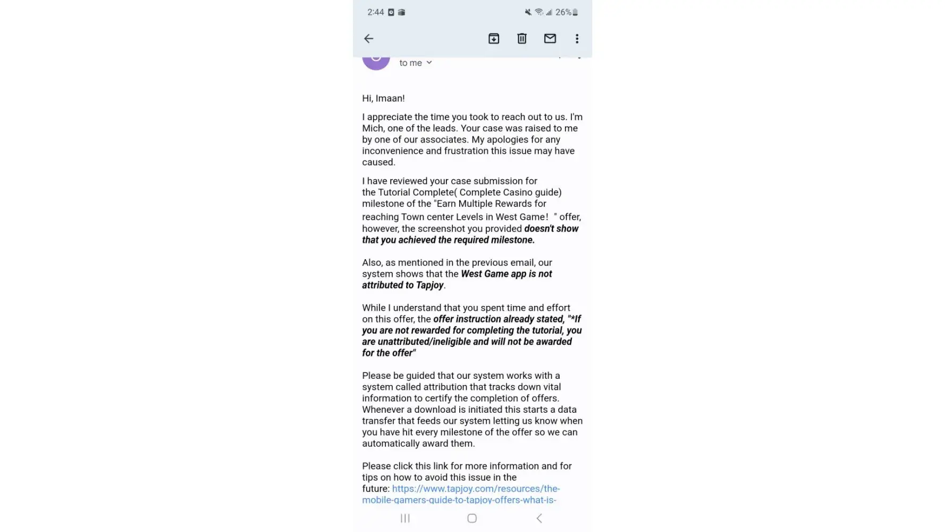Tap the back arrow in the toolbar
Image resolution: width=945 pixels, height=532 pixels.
pos(368,38)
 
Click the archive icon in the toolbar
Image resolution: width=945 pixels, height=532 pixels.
pos(494,38)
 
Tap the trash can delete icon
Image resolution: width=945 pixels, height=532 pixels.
pos(522,38)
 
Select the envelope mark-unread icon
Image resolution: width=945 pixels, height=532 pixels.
pos(550,38)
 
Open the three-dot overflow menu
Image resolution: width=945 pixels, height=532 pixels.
pos(577,38)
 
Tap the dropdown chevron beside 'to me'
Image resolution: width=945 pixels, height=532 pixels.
pos(429,63)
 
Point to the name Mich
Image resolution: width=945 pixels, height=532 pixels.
pos(373,128)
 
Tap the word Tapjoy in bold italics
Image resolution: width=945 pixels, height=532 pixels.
pos(429,285)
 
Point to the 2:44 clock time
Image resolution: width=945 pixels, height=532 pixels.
pos(375,12)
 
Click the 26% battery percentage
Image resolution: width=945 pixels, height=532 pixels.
pos(563,12)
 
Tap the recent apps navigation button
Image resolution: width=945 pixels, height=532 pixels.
pos(405,518)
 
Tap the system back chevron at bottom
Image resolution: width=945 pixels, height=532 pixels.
pos(539,518)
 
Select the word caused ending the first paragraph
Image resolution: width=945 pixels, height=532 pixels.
pos(378,162)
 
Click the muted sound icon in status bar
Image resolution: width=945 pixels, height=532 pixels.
pos(528,12)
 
